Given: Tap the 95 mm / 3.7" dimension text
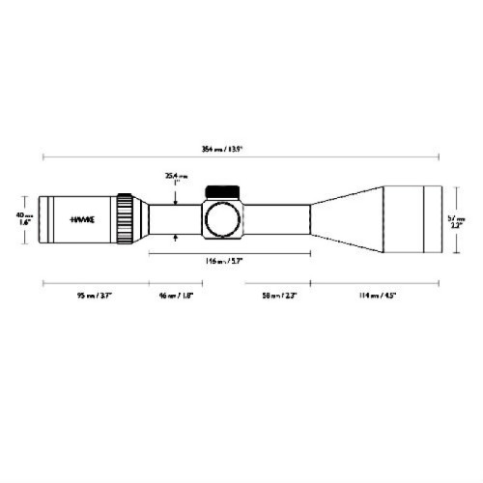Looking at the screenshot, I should [94, 295].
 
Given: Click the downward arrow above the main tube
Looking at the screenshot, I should [175, 199].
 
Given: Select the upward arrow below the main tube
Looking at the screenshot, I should [175, 238].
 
